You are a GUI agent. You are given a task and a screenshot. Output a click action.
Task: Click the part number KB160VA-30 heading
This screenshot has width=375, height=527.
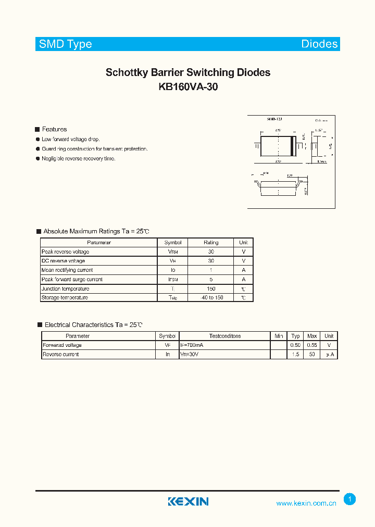click(x=188, y=87)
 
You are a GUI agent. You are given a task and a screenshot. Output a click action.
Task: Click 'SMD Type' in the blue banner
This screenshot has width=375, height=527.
click(x=66, y=44)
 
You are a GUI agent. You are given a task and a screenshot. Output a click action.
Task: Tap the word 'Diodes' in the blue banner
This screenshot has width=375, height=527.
click(x=319, y=44)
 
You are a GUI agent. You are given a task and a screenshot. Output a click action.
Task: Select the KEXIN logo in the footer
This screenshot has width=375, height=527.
click(x=188, y=501)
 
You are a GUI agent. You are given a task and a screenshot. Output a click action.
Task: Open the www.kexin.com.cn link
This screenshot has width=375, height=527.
click(x=306, y=504)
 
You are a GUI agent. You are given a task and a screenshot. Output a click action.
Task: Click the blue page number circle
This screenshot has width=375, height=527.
click(x=350, y=499)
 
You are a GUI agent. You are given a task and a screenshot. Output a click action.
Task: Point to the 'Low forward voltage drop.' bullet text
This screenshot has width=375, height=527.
click(x=71, y=140)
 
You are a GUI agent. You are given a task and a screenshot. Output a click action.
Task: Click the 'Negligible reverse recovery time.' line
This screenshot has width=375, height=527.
click(x=79, y=158)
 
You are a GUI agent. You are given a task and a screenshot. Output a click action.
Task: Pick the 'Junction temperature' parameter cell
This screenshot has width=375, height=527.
click(x=65, y=288)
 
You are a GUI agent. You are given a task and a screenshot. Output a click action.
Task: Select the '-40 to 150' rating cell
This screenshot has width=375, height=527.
click(x=211, y=298)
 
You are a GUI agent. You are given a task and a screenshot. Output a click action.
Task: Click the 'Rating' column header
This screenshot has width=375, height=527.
click(x=211, y=243)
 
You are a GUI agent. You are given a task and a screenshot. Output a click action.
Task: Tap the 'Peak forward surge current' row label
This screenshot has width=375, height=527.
click(x=72, y=280)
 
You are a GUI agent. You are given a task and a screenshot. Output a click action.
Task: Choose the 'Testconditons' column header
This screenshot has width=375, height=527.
click(x=225, y=336)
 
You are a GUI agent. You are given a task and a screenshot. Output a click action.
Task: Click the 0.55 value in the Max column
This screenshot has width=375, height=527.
click(x=312, y=345)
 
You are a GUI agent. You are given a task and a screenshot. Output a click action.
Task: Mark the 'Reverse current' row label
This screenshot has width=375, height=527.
click(x=61, y=355)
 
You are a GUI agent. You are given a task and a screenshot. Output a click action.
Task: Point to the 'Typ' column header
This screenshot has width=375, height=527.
click(x=296, y=336)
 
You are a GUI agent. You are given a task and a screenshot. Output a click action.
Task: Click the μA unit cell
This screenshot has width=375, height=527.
click(x=329, y=355)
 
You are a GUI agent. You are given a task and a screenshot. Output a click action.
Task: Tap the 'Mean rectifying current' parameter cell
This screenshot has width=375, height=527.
click(x=67, y=270)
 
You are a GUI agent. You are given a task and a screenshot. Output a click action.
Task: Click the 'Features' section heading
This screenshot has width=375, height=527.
click(x=54, y=129)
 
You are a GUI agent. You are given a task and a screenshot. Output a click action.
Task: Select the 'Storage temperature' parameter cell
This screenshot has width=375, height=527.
click(x=65, y=298)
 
